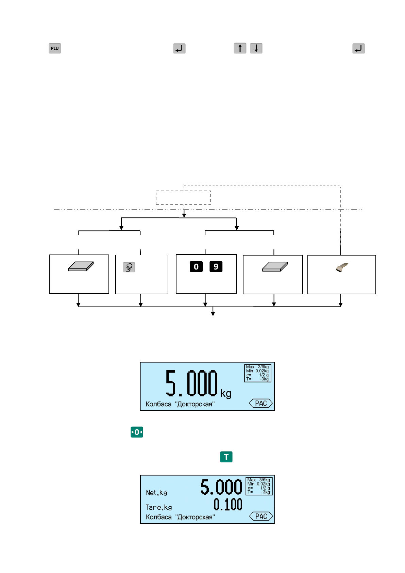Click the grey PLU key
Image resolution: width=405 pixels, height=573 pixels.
[x=54, y=48]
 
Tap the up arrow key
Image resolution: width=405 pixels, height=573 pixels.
[x=240, y=48]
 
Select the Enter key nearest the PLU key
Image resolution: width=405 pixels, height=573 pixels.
[x=179, y=48]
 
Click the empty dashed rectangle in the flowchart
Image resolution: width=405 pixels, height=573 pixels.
[x=183, y=198]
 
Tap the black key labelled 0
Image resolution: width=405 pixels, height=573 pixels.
[x=196, y=267]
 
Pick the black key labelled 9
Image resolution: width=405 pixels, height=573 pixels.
[x=216, y=267]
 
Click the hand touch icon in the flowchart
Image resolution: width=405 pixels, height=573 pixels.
[x=129, y=267]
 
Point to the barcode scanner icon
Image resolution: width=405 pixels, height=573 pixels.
[x=342, y=267]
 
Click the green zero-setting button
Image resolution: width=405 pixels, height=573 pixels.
[x=137, y=432]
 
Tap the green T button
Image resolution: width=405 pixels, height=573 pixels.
[x=226, y=457]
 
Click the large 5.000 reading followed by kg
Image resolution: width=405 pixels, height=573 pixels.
[x=191, y=383]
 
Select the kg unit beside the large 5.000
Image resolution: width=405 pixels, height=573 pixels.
[x=226, y=394]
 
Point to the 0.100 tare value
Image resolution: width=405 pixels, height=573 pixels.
[x=228, y=504]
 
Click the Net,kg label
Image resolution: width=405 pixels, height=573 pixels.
[x=156, y=493]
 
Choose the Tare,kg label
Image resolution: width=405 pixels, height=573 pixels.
[x=158, y=507]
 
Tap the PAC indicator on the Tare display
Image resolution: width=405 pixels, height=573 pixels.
[x=261, y=516]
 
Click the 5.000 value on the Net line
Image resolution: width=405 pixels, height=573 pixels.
[x=221, y=487]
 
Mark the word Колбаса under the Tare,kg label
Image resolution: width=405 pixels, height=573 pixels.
[x=158, y=517]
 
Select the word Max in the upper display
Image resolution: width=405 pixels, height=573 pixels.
[x=250, y=367]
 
